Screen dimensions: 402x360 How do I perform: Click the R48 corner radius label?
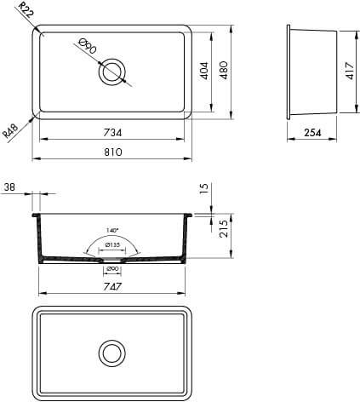[11, 130]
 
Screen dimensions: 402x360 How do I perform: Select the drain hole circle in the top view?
[111, 72]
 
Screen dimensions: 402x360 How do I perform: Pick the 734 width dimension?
[111, 132]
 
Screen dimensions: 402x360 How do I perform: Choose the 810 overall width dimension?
[111, 152]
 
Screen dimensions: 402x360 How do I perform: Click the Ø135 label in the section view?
[111, 246]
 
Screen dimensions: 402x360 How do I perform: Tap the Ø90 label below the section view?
[111, 270]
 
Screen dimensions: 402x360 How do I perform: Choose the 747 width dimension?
[111, 288]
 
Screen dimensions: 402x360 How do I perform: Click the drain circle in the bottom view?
[111, 352]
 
